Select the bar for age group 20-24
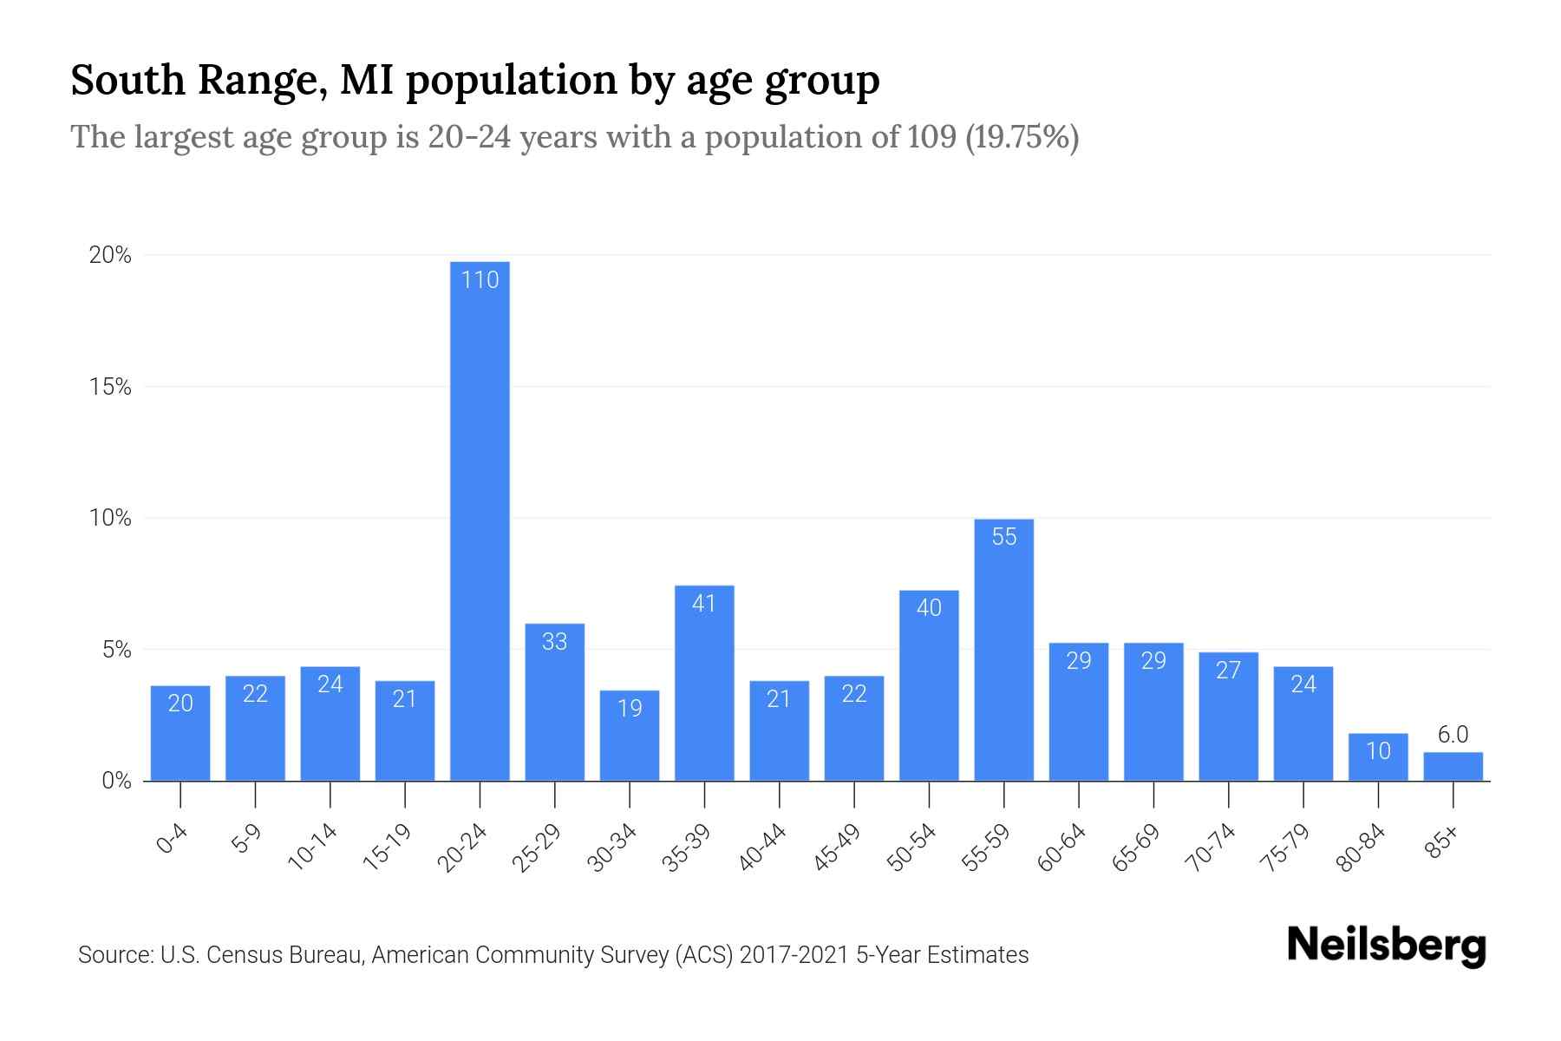[480, 520]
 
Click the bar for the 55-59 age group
[1003, 651]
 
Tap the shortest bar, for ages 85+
[1453, 767]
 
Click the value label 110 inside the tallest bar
[480, 280]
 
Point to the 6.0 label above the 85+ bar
[1453, 735]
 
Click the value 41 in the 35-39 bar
[704, 603]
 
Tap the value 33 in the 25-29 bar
[554, 641]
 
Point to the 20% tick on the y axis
[110, 255]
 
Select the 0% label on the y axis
[116, 781]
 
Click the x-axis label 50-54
[911, 848]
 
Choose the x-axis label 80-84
[1361, 848]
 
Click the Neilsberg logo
[1386, 946]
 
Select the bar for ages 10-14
[330, 724]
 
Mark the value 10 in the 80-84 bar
[1378, 750]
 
